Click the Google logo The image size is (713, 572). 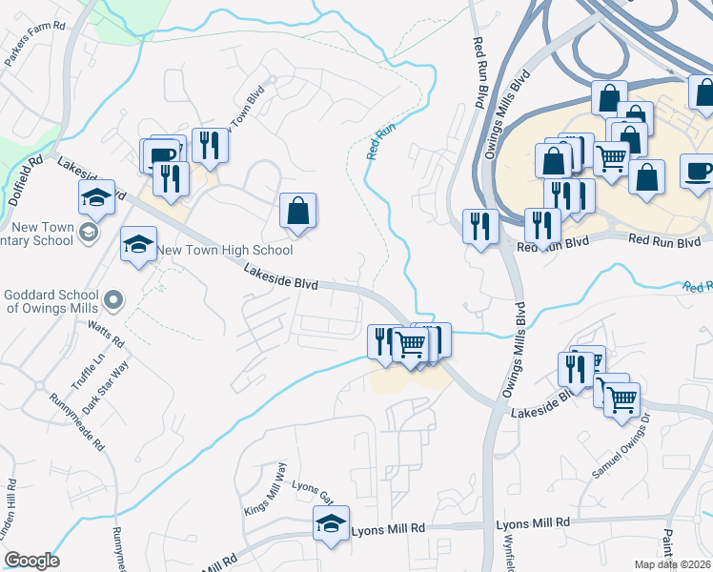[x=31, y=561]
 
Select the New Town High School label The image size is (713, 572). [x=225, y=251]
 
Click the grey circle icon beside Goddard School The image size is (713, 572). [x=112, y=301]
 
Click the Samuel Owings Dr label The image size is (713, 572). [x=621, y=449]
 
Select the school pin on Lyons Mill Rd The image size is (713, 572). [x=331, y=524]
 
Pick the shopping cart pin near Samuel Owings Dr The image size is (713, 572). [x=621, y=400]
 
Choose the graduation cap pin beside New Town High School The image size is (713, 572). [x=139, y=245]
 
